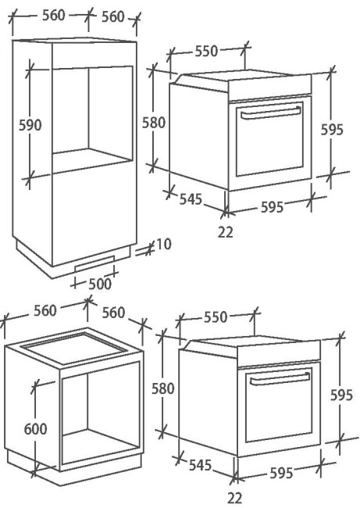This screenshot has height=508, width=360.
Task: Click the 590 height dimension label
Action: (30, 125)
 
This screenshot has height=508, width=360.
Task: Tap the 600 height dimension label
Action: (36, 429)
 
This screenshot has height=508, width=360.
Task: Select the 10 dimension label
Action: (164, 245)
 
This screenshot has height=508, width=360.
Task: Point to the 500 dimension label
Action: (100, 284)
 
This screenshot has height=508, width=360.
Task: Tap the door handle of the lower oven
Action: (280, 379)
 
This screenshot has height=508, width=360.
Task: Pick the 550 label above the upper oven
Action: (206, 51)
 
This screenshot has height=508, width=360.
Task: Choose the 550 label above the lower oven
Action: (216, 317)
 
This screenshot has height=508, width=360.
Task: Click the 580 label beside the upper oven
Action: (154, 123)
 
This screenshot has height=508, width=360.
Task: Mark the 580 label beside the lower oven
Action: (163, 388)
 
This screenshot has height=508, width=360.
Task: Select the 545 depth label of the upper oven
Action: (191, 199)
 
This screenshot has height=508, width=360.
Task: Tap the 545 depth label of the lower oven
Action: (200, 465)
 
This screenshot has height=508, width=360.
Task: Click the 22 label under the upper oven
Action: (226, 232)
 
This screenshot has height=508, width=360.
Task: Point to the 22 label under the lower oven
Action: (235, 498)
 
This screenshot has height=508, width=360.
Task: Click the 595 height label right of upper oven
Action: (332, 130)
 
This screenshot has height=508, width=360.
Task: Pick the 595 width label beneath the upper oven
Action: (273, 206)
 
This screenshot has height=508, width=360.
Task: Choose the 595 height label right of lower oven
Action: (341, 395)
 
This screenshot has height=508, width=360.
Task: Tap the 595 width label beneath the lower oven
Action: (281, 473)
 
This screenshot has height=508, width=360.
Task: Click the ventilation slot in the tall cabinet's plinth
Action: (94, 263)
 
